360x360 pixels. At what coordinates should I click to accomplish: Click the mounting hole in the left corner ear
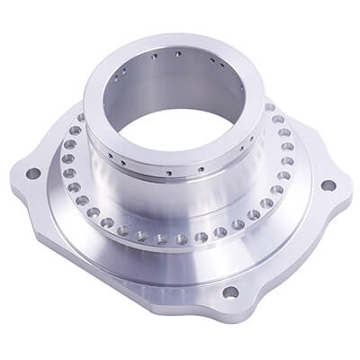(33, 173)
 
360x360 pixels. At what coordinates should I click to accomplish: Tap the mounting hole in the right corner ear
(328, 185)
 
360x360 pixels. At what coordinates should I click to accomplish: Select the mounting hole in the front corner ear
(230, 292)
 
